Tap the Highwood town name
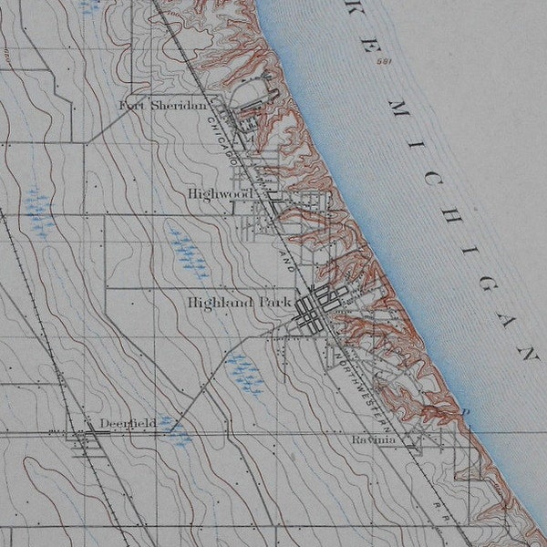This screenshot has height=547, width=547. click(x=220, y=194)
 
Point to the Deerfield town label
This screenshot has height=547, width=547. click(x=128, y=423)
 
